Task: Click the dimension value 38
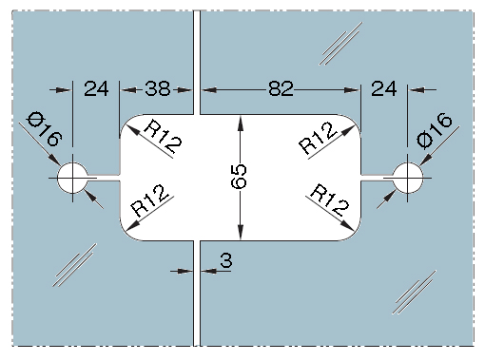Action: point(158,88)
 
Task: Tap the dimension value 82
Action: point(281,88)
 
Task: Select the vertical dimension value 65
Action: point(239,176)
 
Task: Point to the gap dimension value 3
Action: point(226,260)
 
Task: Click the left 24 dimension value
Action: point(96,88)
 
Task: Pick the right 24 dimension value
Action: point(384,88)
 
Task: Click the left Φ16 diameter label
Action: point(45,129)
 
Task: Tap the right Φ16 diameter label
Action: point(434,130)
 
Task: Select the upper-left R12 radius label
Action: point(163,138)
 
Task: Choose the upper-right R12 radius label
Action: point(318,138)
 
